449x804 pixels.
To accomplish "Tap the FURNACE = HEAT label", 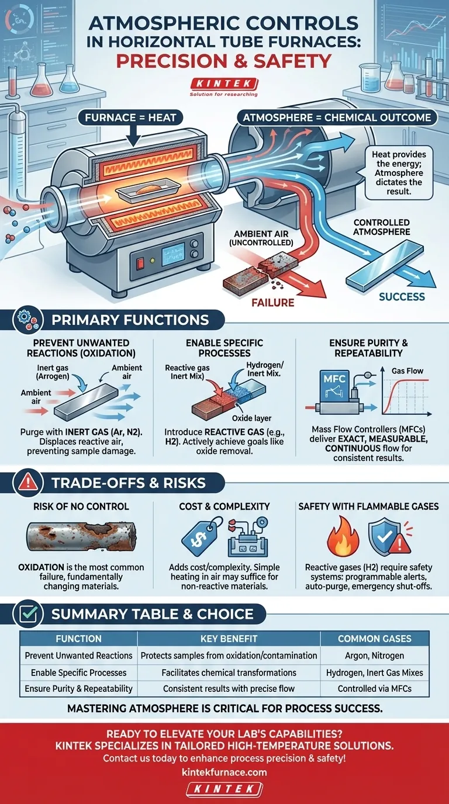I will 130,117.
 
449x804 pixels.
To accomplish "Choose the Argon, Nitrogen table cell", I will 375,656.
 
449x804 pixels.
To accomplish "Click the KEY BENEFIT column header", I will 229,639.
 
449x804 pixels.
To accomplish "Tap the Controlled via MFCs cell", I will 375,688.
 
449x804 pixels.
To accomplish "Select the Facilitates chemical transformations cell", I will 229,672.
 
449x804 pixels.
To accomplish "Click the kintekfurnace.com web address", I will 224,772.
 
